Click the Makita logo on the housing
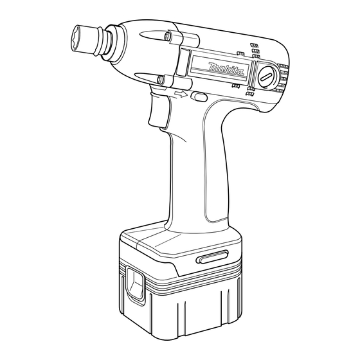(226, 69)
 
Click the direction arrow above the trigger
(181, 94)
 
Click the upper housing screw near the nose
(168, 36)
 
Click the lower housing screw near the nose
(160, 80)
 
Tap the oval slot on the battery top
(212, 256)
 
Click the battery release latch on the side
(135, 283)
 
